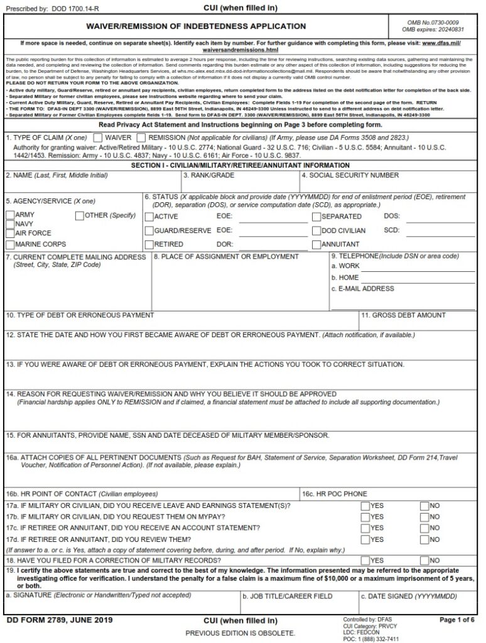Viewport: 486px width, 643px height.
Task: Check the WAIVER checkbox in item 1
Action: pos(97,137)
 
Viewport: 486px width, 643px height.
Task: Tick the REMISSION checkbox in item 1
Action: pos(142,137)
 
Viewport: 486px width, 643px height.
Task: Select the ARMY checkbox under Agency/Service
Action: pos(10,215)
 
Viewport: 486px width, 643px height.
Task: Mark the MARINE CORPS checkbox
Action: pos(10,244)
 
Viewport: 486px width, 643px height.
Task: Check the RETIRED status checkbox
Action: pos(149,244)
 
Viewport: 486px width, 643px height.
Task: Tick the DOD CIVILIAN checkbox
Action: pos(316,230)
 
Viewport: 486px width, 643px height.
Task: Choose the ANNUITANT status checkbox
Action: pos(316,244)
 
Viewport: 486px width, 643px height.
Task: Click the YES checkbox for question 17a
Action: pos(365,506)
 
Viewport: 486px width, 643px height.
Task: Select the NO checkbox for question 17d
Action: pos(424,539)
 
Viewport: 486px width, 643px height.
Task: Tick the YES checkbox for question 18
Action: pos(365,560)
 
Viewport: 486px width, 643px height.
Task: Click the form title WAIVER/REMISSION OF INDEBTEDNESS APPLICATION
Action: pos(196,26)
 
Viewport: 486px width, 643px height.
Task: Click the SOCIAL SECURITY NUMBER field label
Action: pos(354,175)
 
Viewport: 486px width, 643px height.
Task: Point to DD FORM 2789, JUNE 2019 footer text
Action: pos(60,620)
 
